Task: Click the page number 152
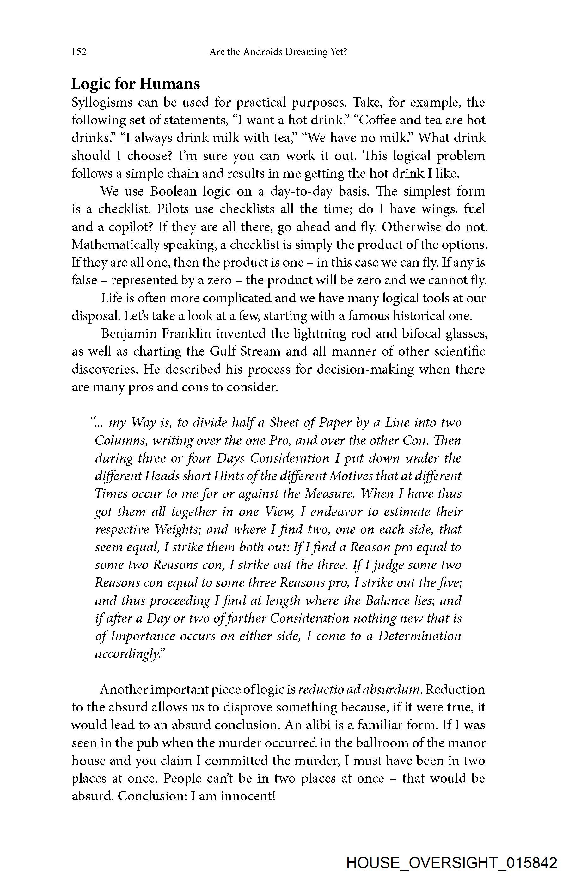pyautogui.click(x=79, y=52)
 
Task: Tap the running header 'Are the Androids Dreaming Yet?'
pyautogui.click(x=278, y=52)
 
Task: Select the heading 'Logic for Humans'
pyautogui.click(x=135, y=84)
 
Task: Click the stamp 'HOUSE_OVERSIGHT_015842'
pyautogui.click(x=452, y=862)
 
